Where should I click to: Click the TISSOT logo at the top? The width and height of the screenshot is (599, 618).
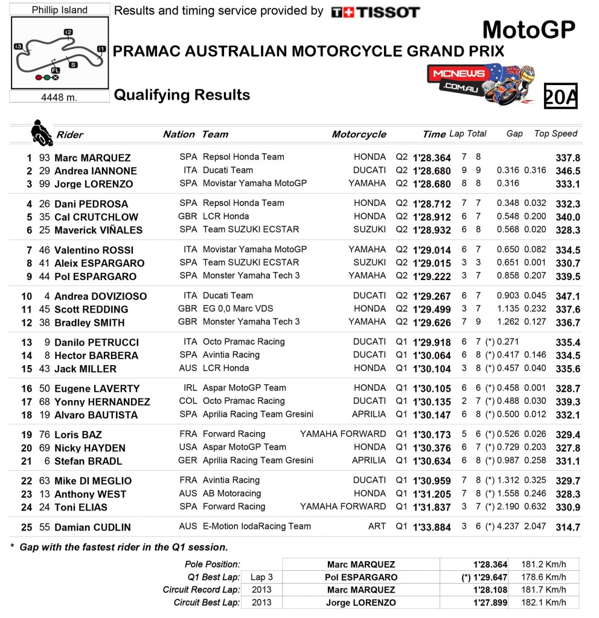coord(375,11)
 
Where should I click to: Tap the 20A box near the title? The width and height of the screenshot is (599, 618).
coord(560,97)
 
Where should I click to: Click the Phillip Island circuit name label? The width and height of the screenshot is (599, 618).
coord(59,10)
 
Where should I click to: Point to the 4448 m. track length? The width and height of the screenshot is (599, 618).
coord(59,97)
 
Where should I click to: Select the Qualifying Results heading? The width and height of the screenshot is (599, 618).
coord(182,95)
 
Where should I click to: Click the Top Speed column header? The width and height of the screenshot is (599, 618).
coord(556,133)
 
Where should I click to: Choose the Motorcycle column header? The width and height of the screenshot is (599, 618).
coord(359,134)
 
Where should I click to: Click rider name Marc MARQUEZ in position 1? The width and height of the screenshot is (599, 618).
coord(92,158)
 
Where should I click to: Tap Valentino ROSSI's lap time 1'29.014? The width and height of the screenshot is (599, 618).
coord(432,250)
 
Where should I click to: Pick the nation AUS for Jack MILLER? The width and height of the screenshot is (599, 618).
coord(188,368)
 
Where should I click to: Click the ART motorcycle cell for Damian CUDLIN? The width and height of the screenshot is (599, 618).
coord(377,526)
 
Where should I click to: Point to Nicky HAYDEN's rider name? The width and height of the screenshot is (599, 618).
coord(89,448)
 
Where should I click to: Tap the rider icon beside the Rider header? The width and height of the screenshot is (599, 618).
coord(42,133)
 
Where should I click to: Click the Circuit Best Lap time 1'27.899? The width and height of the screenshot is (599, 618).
coord(490,602)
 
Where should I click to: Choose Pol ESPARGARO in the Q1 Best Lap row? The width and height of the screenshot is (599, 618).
coord(361,577)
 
